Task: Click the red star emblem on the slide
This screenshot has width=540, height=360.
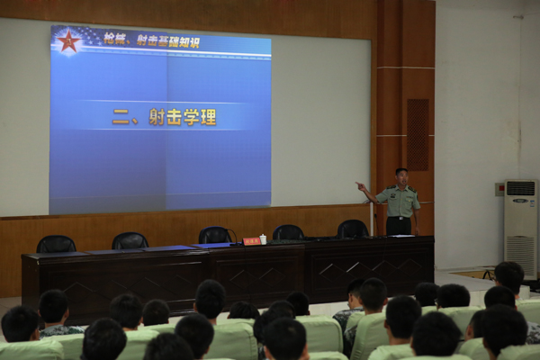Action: [x=68, y=41]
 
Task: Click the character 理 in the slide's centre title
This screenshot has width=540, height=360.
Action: [x=208, y=117]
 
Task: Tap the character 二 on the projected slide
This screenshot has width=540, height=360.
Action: [x=121, y=117]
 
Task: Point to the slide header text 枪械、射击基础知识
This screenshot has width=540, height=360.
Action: [x=151, y=40]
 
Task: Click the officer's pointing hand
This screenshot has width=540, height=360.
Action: [x=361, y=186]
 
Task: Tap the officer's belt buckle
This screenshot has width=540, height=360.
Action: [x=399, y=218]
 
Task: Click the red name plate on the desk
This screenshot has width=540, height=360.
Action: [x=251, y=241]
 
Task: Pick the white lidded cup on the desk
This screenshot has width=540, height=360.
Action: [x=263, y=239]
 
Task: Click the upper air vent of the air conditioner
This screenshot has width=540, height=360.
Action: [x=520, y=188]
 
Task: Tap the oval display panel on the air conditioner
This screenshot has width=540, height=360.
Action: [x=520, y=201]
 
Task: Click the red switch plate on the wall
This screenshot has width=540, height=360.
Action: [x=499, y=189]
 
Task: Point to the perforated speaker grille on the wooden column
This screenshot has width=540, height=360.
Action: [x=418, y=135]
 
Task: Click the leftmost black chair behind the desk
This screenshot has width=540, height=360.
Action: [x=56, y=244]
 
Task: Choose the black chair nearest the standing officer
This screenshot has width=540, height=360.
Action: [x=353, y=229]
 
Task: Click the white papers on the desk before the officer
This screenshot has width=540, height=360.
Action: [x=401, y=236]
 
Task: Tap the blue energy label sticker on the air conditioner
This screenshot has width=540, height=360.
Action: [x=533, y=202]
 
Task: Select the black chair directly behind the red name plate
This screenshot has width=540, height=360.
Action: [x=215, y=235]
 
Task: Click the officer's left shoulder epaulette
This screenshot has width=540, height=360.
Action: [x=412, y=188]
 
